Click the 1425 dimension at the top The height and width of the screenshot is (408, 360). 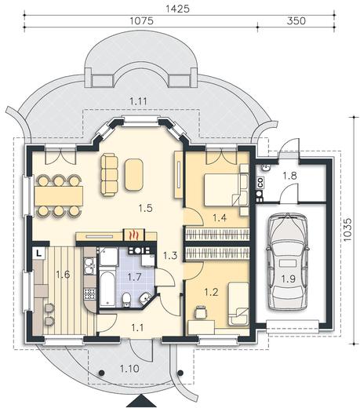[177, 9]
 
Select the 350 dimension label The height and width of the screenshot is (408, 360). [296, 20]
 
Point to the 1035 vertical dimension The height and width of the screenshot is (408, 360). [347, 230]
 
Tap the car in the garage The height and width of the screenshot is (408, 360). [288, 262]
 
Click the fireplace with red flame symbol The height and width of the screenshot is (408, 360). [133, 235]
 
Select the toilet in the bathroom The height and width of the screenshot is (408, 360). [126, 300]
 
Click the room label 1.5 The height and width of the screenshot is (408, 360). [145, 208]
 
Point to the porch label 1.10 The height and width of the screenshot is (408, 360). [129, 369]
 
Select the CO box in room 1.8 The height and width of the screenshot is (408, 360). [260, 182]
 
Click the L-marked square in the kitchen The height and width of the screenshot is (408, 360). [39, 253]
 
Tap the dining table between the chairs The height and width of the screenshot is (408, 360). [59, 195]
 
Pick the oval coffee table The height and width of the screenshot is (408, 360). [134, 174]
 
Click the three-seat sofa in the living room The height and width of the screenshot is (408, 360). [109, 174]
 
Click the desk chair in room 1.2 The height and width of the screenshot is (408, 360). [201, 311]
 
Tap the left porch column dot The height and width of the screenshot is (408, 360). [102, 373]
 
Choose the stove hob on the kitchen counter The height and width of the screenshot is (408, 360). [89, 294]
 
